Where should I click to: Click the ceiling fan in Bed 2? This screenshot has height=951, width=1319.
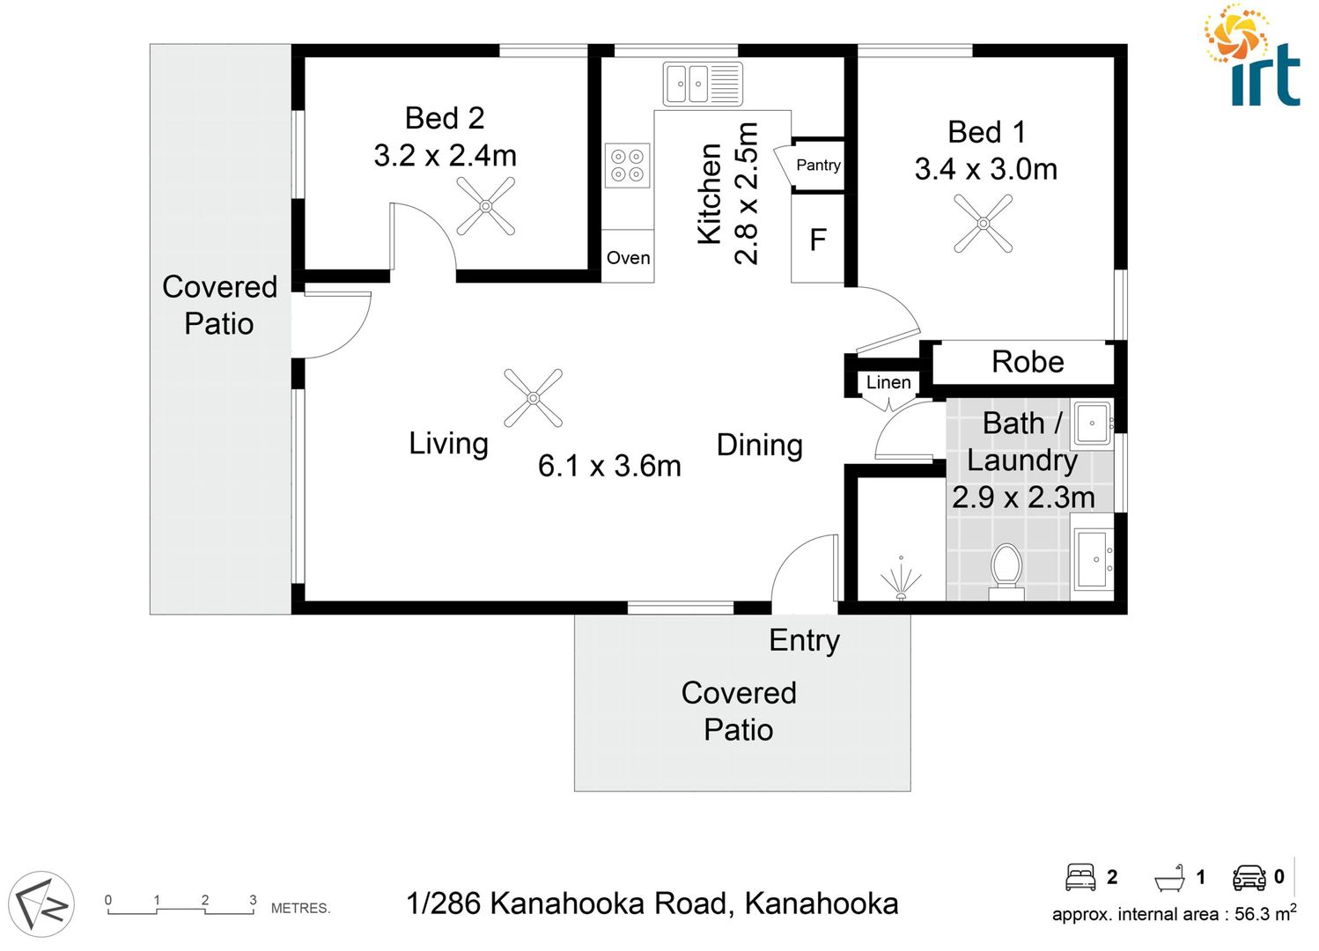[486, 206]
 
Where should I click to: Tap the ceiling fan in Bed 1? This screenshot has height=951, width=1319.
[984, 224]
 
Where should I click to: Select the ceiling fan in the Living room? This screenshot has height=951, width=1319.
[533, 398]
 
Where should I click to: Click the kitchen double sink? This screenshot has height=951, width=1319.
[702, 85]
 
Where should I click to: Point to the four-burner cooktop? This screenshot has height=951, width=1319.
[627, 166]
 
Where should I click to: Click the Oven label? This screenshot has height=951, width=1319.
[628, 258]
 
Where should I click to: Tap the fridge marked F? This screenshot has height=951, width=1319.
[818, 240]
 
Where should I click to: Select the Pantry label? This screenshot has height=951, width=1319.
[818, 165]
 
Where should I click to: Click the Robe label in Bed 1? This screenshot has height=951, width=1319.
[1028, 362]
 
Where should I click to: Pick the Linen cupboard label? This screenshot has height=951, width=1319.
[888, 382]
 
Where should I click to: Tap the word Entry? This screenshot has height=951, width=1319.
[804, 640]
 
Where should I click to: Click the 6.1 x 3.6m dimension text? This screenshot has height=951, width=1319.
[609, 466]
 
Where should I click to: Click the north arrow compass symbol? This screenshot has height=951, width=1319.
[41, 903]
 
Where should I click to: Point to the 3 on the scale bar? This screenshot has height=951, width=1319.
[253, 900]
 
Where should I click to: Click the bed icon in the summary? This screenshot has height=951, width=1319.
[1080, 877]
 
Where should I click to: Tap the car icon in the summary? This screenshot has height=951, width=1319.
[1249, 877]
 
